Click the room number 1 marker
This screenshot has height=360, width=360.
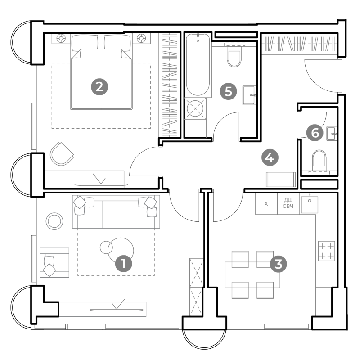pos(124,263)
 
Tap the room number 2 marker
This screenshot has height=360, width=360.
pos(99,87)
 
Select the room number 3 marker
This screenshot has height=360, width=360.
pos(278,264)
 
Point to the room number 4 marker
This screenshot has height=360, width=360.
pos(270,158)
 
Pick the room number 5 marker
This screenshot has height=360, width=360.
pos(228,91)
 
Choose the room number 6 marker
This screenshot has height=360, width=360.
pos(315,133)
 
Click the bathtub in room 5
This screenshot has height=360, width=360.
pos(198,64)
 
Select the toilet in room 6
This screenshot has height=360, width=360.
pos(319,161)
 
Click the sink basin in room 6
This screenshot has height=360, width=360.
pos(332,134)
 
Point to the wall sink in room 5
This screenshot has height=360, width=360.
pos(249,95)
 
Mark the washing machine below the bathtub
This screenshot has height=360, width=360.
pos(195,108)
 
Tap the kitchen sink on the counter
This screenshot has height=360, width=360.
pos(310,204)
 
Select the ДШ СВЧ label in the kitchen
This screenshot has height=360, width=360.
pos(288,203)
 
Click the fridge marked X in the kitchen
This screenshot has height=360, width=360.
pos(266,204)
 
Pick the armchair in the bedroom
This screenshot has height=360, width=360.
pos(62,153)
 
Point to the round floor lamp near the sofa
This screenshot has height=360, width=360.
pos(54,221)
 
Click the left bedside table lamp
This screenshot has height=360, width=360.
pos(61,38)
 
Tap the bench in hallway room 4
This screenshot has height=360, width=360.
pos(281,180)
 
